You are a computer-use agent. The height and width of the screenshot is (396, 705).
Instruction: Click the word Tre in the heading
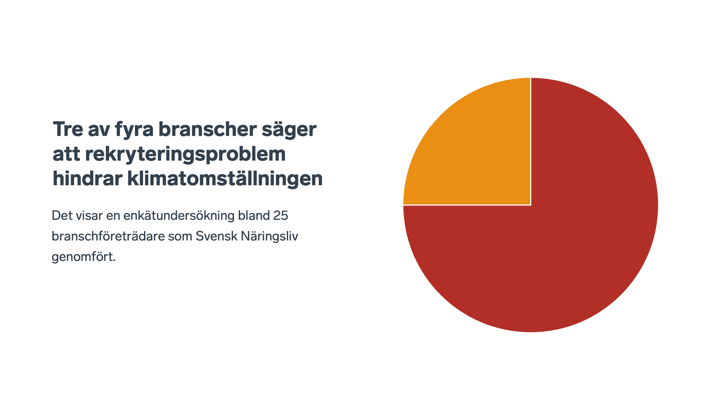68,129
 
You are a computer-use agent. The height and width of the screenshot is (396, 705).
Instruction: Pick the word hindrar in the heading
87,178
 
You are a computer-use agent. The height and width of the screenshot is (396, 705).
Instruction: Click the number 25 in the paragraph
281,215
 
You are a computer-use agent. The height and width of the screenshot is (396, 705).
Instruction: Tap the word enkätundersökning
179,216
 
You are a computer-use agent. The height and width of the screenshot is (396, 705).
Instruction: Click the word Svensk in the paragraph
217,236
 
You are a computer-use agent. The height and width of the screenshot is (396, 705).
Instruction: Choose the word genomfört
84,257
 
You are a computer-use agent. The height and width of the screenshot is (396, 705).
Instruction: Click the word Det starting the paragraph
62,215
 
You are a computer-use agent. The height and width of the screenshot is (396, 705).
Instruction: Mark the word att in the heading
66,155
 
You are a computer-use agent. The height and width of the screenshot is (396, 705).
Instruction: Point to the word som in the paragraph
180,237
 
